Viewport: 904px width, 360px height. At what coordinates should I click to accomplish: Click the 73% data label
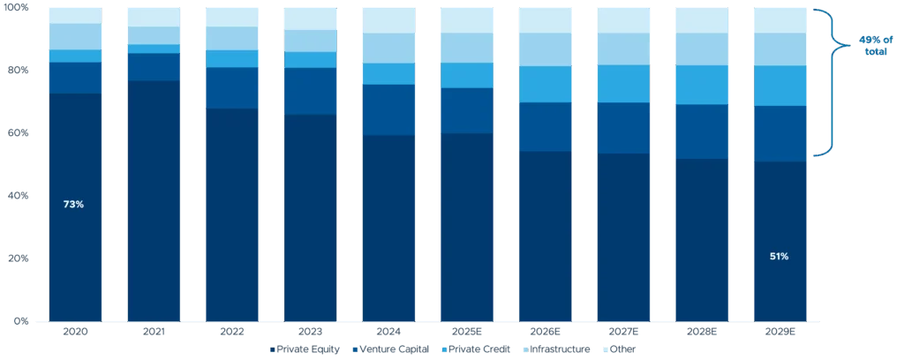(x=73, y=205)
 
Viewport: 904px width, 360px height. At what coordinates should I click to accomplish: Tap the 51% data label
(x=779, y=257)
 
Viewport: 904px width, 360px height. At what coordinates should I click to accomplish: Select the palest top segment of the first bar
(x=76, y=15)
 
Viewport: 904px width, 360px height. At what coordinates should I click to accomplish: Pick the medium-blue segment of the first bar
(x=76, y=78)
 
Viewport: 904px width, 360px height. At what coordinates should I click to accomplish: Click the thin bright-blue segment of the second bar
(x=154, y=49)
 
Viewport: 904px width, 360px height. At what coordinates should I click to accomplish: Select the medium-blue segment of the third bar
(x=232, y=88)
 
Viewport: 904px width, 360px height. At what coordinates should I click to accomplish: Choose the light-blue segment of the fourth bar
(x=310, y=41)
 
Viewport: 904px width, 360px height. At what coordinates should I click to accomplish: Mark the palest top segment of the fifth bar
(x=388, y=20)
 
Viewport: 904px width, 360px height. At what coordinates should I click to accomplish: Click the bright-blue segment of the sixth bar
(x=465, y=75)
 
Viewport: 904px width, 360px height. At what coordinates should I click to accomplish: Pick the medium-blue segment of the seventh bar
(x=544, y=127)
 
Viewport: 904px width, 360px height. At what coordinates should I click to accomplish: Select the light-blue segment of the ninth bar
(x=700, y=49)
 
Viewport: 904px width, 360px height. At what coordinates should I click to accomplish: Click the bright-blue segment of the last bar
(x=779, y=86)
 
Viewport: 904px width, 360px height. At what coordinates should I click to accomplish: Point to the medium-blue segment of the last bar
(x=779, y=133)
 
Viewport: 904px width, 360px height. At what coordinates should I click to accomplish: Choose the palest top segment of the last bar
(x=779, y=20)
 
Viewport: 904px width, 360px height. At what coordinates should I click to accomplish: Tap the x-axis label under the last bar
(x=779, y=333)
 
